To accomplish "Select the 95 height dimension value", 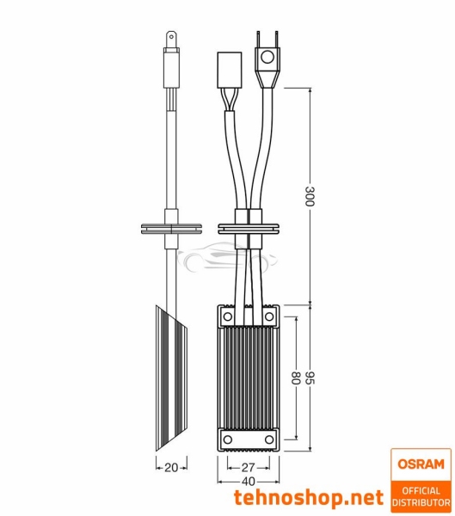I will pos(311,378).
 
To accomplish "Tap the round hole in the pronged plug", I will pos(266,58).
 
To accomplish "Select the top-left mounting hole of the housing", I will pos(228,317).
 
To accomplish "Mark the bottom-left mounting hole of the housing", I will pos(228,439).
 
